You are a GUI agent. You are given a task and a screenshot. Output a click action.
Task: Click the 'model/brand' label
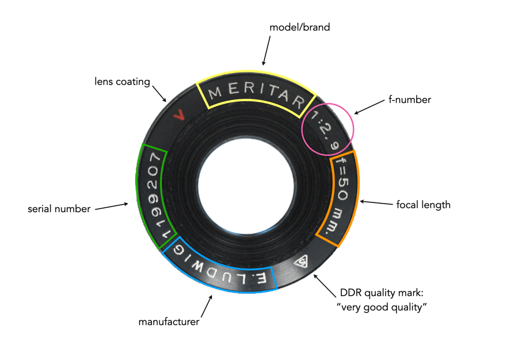[300, 27]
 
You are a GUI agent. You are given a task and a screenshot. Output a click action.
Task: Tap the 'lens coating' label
[122, 82]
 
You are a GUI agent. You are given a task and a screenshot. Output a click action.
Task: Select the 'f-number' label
[409, 99]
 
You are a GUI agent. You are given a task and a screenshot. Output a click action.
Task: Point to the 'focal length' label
[423, 204]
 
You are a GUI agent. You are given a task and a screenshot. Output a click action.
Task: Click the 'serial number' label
[59, 209]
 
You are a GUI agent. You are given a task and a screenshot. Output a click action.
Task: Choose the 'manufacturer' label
[169, 321]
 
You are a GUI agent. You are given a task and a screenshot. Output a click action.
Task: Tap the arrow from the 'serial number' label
[112, 205]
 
